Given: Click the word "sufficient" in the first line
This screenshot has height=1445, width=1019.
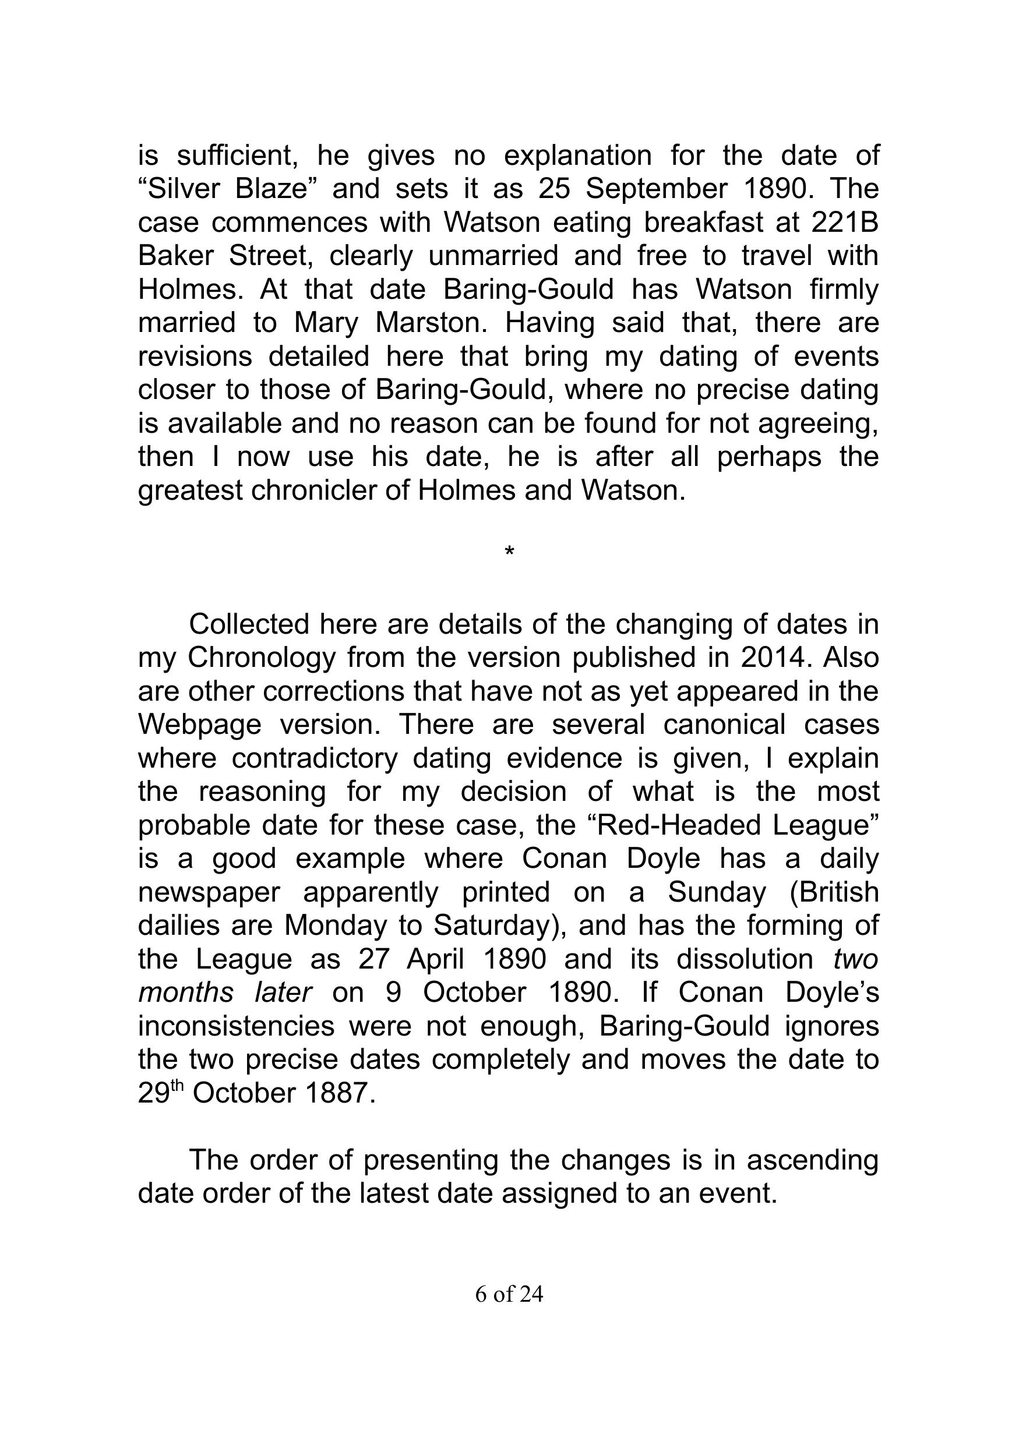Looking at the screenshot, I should point(237,156).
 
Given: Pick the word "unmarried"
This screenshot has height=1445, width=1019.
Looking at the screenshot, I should point(493,256).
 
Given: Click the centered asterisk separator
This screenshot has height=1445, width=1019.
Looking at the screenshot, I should point(509,552).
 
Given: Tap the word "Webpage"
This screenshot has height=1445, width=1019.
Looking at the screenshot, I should point(199,725).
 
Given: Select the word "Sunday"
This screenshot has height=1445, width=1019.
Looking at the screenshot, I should point(717,892).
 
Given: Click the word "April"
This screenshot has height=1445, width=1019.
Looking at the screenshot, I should point(436,959).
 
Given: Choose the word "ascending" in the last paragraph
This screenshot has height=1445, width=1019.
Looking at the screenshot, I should point(813,1160).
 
